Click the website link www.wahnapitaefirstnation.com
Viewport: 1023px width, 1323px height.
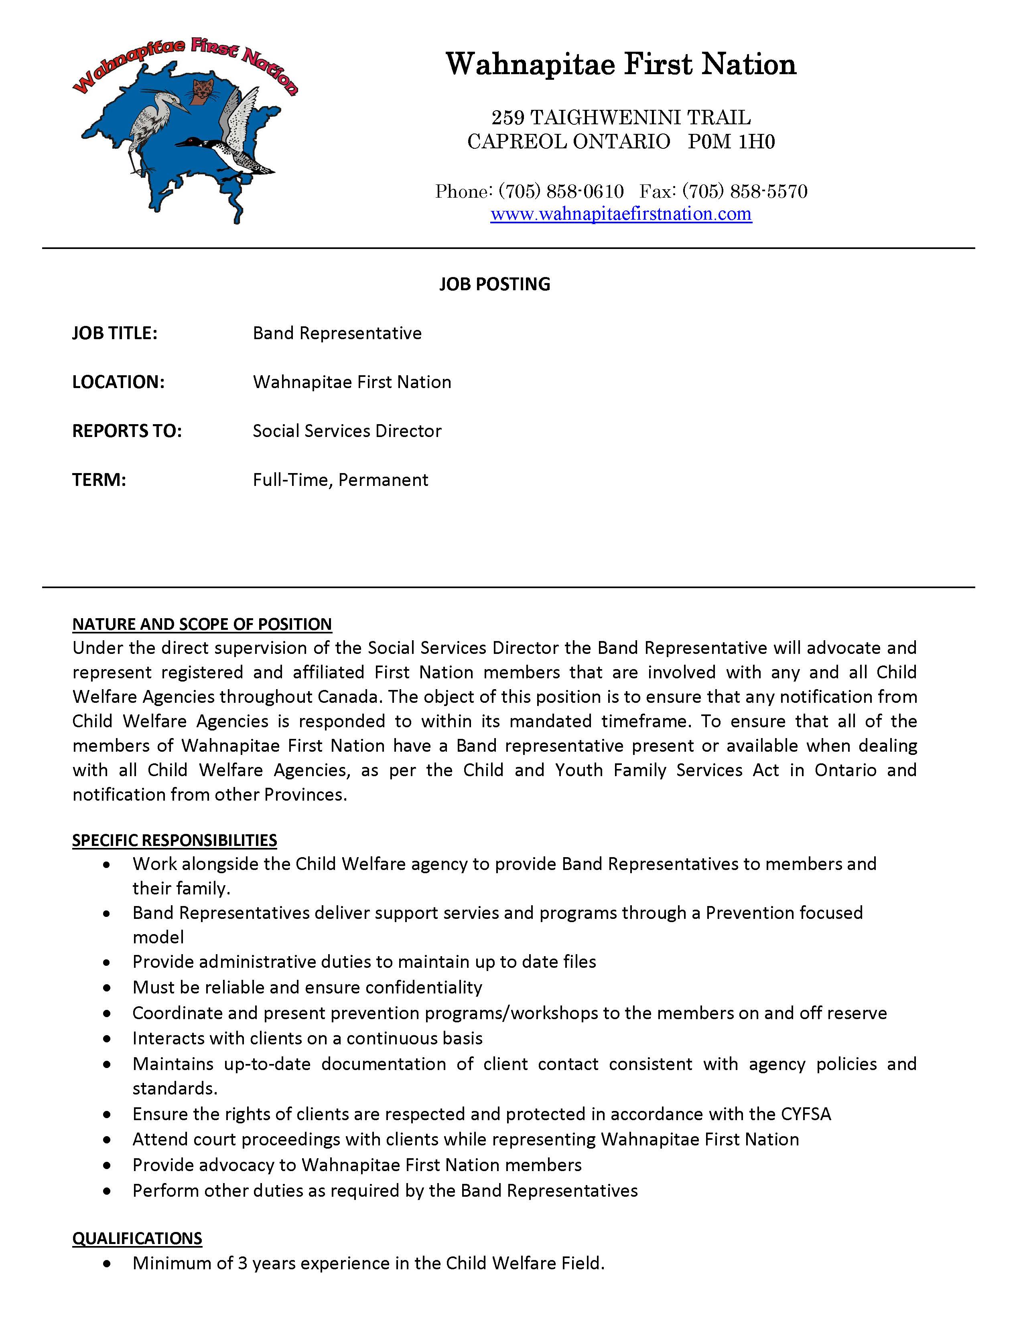pos(621,214)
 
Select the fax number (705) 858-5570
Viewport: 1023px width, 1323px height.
pos(745,191)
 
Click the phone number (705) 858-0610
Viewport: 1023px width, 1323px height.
pos(561,191)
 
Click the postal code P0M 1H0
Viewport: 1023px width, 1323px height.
pos(731,142)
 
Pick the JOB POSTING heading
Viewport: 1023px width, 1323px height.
pos(495,284)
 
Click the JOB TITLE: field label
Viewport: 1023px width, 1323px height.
pos(115,333)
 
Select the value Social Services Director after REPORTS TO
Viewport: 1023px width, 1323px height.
pos(347,431)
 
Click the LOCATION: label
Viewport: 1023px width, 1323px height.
pos(118,382)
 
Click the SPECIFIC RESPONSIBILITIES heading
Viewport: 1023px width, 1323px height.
pos(175,840)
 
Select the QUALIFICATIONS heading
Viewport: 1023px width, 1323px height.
pos(137,1238)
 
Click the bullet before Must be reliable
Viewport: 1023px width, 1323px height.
pos(107,987)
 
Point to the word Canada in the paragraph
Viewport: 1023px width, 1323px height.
pos(350,697)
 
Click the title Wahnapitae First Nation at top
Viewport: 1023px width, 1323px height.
pos(621,64)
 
